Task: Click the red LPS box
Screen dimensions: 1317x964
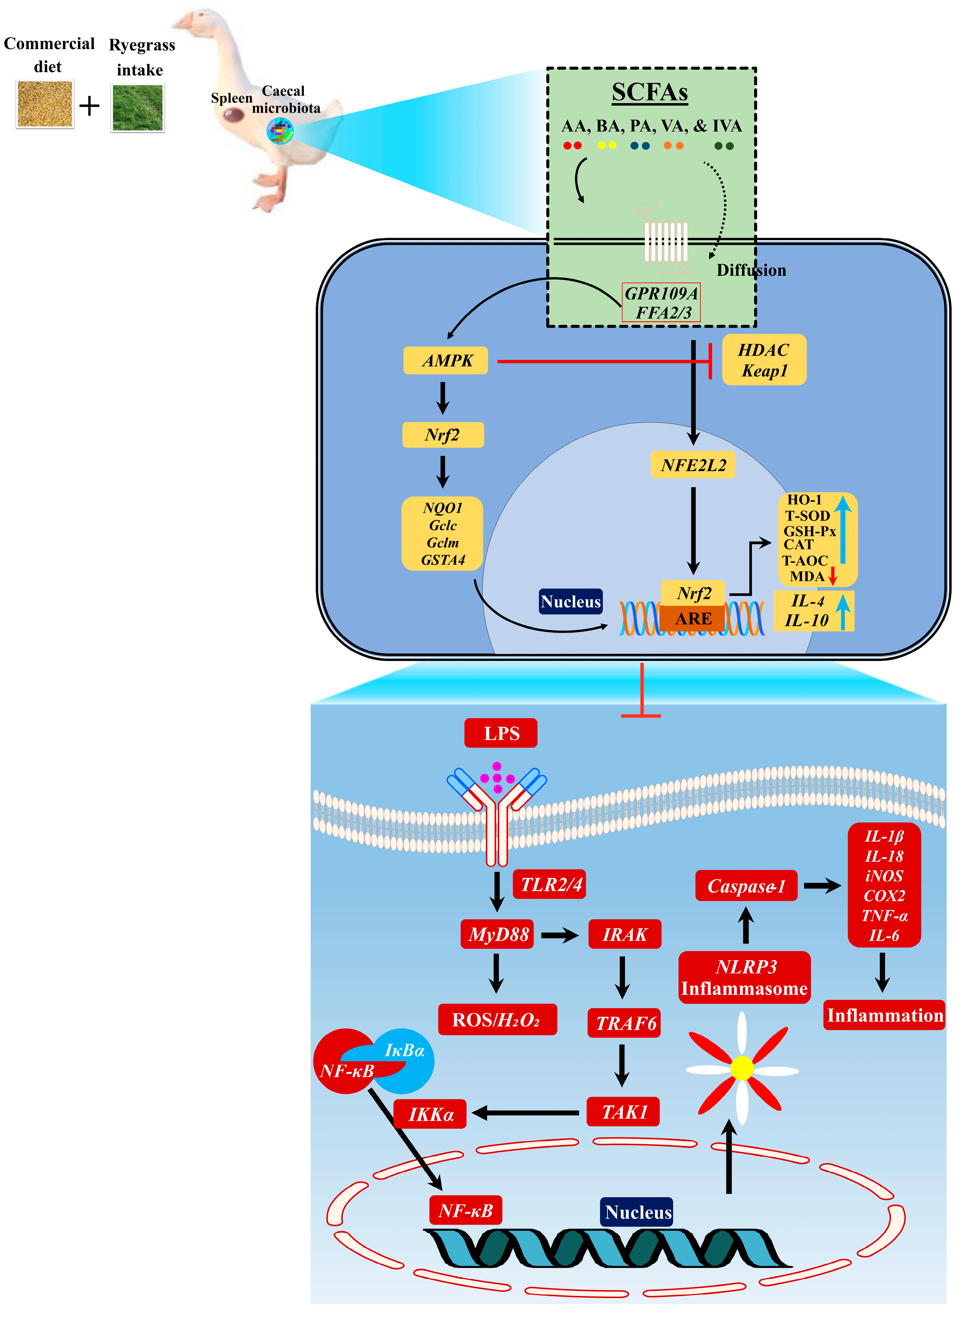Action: tap(500, 733)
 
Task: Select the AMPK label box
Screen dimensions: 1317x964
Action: tap(445, 361)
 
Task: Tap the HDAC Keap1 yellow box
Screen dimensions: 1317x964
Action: tap(764, 360)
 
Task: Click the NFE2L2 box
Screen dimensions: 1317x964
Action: tap(693, 465)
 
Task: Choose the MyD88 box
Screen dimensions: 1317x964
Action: tap(497, 934)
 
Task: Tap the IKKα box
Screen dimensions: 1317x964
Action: tap(430, 1114)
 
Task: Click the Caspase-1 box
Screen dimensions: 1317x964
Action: tap(746, 886)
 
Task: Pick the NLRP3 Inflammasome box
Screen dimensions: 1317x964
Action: tap(745, 977)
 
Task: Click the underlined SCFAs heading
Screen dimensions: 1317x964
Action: tap(650, 92)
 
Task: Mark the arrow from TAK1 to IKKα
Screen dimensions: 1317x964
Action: tap(525, 1113)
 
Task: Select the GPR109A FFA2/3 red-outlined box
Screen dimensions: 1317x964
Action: tap(660, 302)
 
